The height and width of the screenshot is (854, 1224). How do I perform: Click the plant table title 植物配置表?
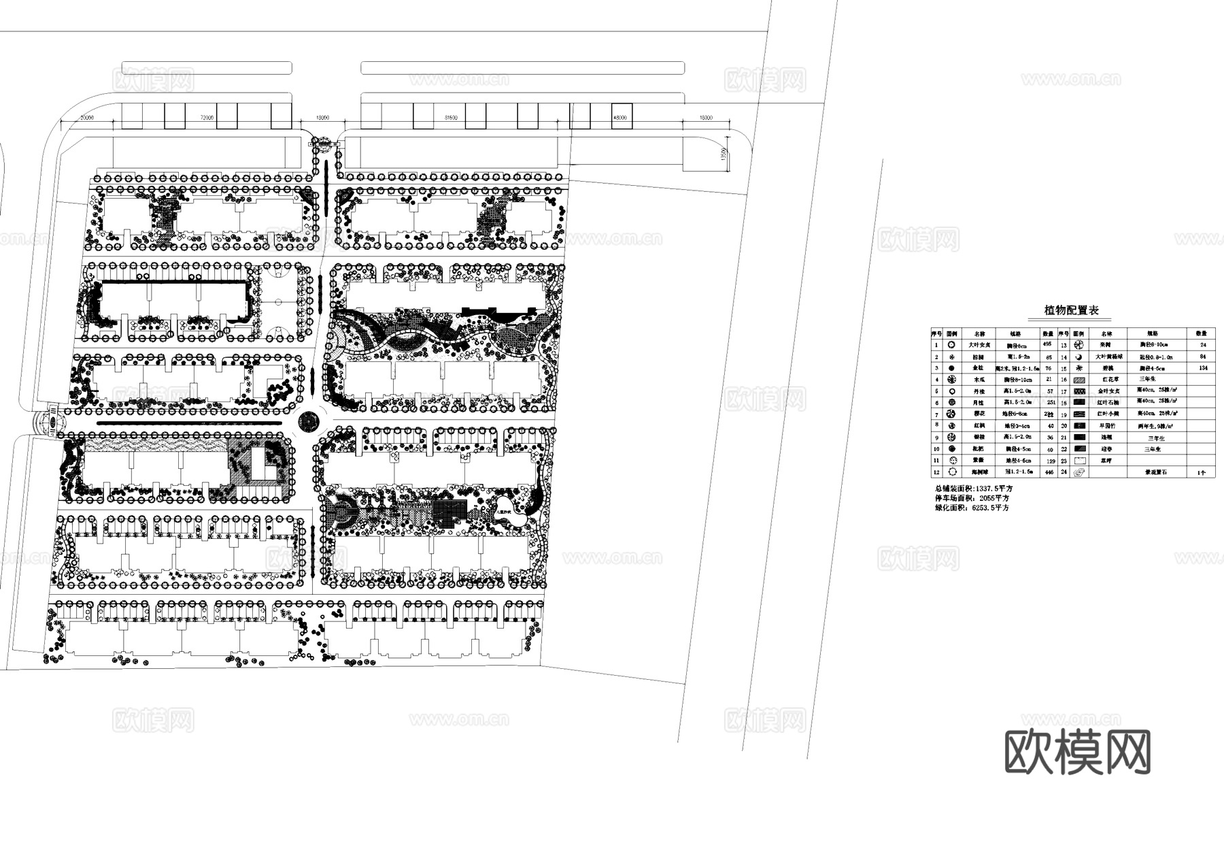pyautogui.click(x=1072, y=310)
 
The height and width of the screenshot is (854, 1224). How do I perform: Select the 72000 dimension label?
pyautogui.click(x=207, y=118)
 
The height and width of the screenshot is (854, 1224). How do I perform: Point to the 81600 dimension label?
pyautogui.click(x=451, y=118)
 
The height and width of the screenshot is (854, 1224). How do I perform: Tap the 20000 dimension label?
pyautogui.click(x=86, y=118)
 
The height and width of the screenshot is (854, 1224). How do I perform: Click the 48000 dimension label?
pyautogui.click(x=620, y=118)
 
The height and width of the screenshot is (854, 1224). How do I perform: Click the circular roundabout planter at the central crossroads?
pyautogui.click(x=309, y=421)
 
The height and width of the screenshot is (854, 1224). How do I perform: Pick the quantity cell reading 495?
pyautogui.click(x=1048, y=344)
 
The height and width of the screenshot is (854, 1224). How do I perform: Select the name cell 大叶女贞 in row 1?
pyautogui.click(x=979, y=345)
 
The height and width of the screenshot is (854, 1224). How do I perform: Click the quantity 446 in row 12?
pyautogui.click(x=1048, y=472)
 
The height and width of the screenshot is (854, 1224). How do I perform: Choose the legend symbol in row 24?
pyautogui.click(x=1078, y=472)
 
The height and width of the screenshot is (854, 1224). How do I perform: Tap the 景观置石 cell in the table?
pyautogui.click(x=1156, y=472)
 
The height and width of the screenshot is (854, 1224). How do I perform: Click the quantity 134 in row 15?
pyautogui.click(x=1204, y=368)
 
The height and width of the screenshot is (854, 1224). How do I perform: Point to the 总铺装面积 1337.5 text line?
pyautogui.click(x=972, y=489)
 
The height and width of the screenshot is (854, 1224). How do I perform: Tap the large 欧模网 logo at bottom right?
pyautogui.click(x=1077, y=753)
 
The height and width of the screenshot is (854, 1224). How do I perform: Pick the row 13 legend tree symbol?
pyautogui.click(x=1078, y=345)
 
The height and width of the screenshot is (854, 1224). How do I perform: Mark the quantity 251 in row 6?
pyautogui.click(x=1048, y=403)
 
